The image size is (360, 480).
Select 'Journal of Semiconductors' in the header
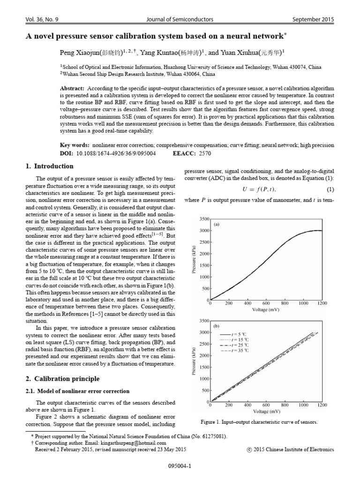[x=180, y=19]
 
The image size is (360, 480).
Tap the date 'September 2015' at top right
[x=313, y=19]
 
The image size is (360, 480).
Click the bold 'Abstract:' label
[x=72, y=88]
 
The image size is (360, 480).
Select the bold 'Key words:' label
[x=75, y=146]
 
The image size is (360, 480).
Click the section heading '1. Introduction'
[x=48, y=166]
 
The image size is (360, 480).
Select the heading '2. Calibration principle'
[x=62, y=378]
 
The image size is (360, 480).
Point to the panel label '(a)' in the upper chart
[x=217, y=225]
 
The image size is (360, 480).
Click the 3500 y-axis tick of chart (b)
[x=204, y=321]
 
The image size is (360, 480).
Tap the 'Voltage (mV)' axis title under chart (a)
[x=266, y=310]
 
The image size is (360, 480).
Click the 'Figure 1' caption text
[x=259, y=422]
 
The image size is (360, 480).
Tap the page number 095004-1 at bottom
[x=180, y=466]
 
